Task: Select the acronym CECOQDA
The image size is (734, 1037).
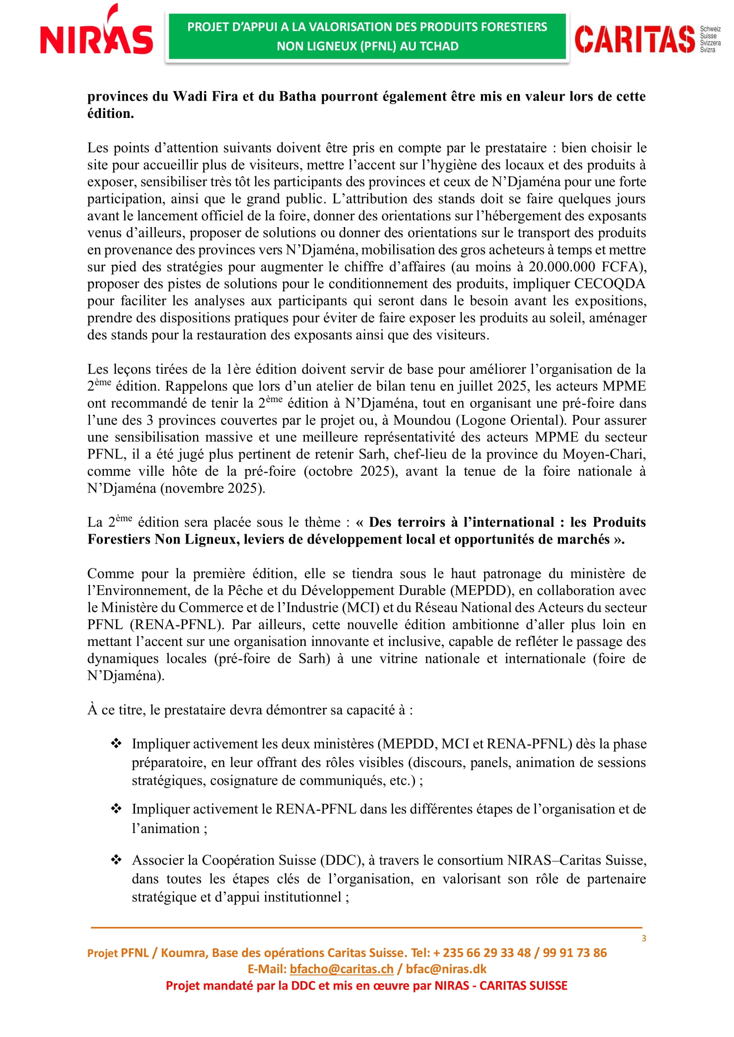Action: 609,284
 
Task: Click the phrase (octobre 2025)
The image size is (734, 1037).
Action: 351,472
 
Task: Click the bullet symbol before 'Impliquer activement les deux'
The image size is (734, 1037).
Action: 116,743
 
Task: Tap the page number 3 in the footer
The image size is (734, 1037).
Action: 643,939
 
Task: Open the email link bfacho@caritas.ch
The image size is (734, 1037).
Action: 341,969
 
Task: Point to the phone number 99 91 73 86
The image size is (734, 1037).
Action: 574,952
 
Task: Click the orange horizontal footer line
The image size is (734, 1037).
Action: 366,927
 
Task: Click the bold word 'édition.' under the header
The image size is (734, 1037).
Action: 111,114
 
